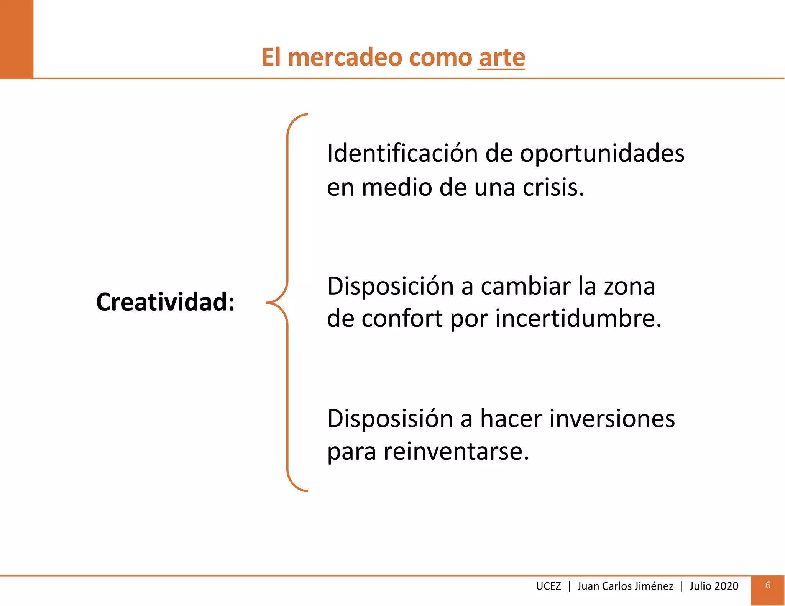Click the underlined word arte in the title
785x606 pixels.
(x=501, y=58)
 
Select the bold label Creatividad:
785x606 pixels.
(x=165, y=302)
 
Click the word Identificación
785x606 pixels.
(x=402, y=153)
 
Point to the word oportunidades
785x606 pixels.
(x=602, y=154)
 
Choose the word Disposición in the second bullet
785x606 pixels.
(x=390, y=287)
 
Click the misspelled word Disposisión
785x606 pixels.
(x=390, y=419)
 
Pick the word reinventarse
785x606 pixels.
(x=456, y=451)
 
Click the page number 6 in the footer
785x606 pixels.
(x=768, y=585)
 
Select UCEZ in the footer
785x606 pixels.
(x=548, y=586)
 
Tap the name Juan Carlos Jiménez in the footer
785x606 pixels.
(x=625, y=586)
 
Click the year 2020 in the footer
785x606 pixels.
(x=726, y=586)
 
